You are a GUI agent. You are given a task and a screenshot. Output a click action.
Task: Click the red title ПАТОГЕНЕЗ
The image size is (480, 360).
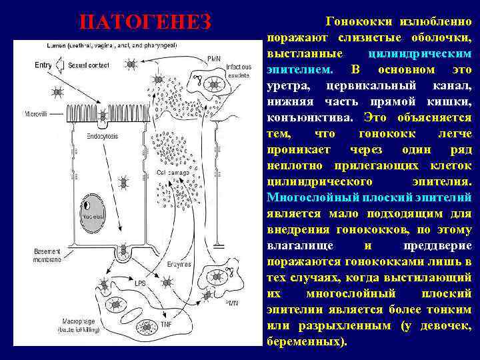coord(145,22)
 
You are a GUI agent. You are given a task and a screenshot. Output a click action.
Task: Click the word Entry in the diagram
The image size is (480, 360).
coord(43,65)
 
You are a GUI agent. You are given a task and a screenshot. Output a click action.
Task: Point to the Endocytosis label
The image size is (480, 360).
coord(101,136)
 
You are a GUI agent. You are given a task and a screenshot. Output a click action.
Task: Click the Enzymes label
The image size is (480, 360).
coord(179,264)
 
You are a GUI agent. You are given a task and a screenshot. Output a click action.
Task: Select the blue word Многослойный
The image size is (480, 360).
coord(305,198)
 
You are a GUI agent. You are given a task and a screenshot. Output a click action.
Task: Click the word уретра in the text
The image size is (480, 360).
coord(286,86)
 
